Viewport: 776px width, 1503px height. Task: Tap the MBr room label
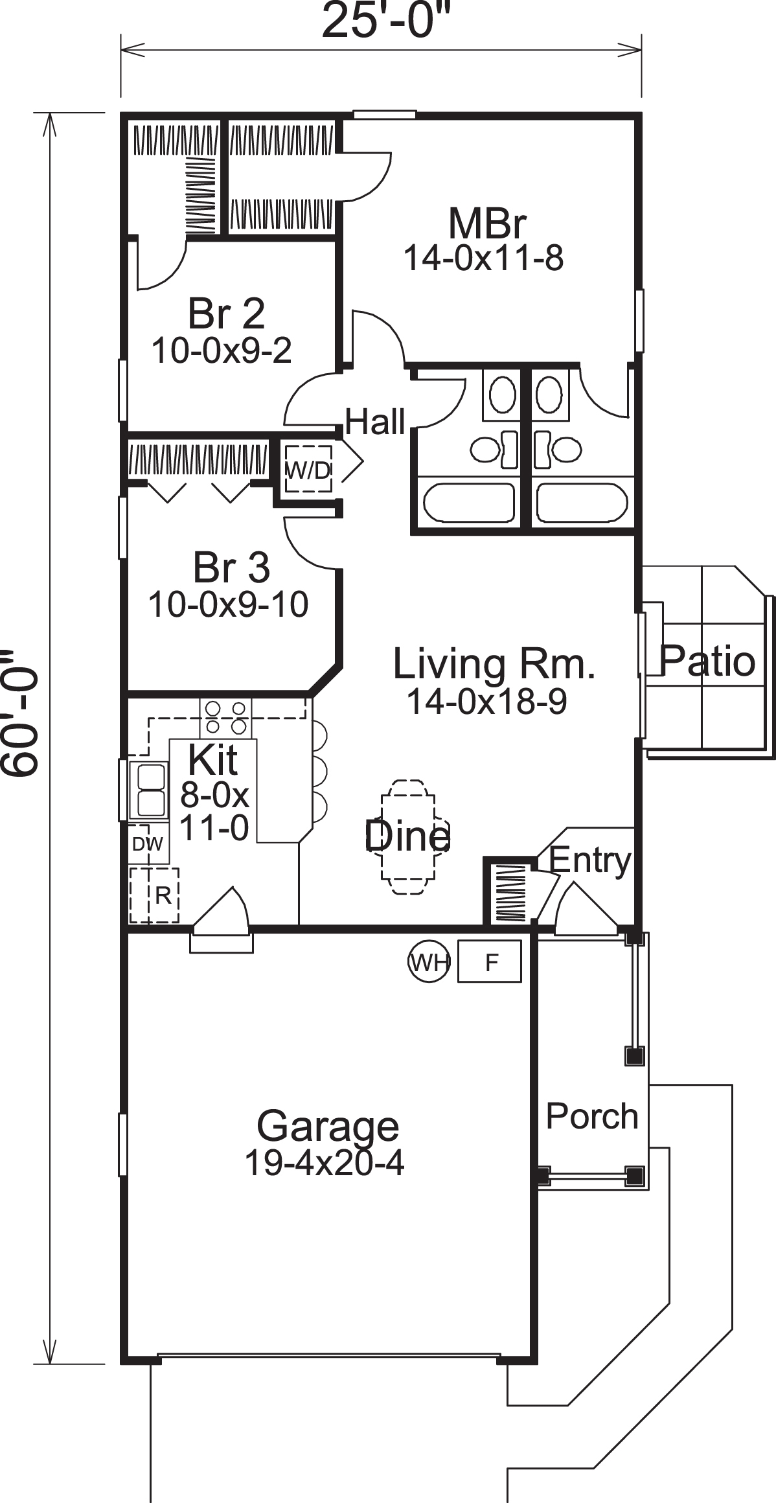[x=486, y=224]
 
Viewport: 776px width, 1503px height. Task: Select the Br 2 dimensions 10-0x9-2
[x=222, y=350]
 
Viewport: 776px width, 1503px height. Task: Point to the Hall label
[x=375, y=422]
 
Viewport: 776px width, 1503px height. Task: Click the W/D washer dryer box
[x=308, y=470]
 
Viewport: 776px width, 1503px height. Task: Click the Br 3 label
[x=231, y=568]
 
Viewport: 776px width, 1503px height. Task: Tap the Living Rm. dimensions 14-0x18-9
[x=486, y=701]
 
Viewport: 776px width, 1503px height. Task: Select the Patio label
[x=707, y=661]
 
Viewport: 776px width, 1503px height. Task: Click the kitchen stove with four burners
[x=225, y=717]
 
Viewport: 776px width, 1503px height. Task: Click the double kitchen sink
[x=148, y=790]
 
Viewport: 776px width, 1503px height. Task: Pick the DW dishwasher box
[x=148, y=843]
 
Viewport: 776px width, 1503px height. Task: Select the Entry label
[x=589, y=860]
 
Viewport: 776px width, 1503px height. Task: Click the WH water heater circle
[x=428, y=963]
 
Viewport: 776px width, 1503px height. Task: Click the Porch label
[x=591, y=1116]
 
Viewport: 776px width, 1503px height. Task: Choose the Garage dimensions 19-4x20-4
[x=324, y=1163]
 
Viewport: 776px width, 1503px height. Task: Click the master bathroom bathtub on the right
[x=581, y=503]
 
